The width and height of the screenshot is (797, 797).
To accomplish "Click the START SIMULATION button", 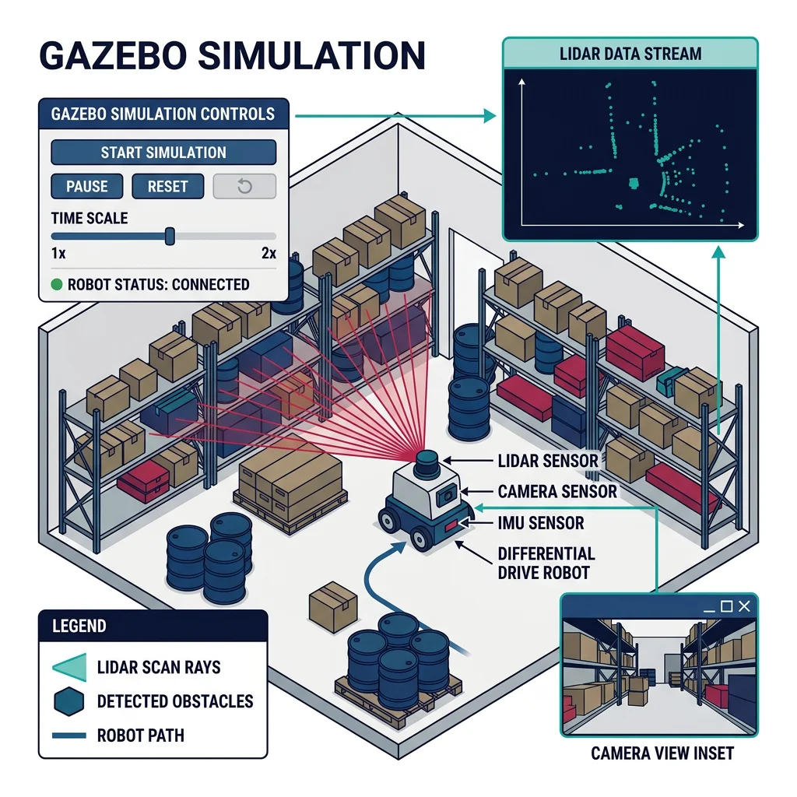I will [163, 153].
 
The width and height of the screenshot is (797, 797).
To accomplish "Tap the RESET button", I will [167, 187].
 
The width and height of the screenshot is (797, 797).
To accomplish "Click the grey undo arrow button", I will [244, 187].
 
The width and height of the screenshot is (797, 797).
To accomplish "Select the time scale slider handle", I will [170, 236].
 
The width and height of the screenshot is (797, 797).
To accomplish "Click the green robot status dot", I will [56, 284].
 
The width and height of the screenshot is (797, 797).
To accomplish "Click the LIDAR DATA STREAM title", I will [630, 54].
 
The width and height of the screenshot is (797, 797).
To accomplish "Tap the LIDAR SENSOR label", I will [548, 461].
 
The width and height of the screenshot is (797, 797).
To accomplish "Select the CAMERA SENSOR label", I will [557, 491].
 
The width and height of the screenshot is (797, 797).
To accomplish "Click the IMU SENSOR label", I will [540, 522].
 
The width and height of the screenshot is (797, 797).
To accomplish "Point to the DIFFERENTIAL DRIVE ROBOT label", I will [546, 564].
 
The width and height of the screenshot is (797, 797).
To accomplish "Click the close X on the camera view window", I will [745, 606].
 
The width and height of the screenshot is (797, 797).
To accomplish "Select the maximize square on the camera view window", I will [727, 606].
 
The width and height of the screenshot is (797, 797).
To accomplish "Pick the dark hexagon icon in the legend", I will [68, 701].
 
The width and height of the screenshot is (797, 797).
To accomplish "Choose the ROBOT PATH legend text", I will [141, 735].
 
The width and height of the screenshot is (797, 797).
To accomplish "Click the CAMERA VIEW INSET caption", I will [662, 753].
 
